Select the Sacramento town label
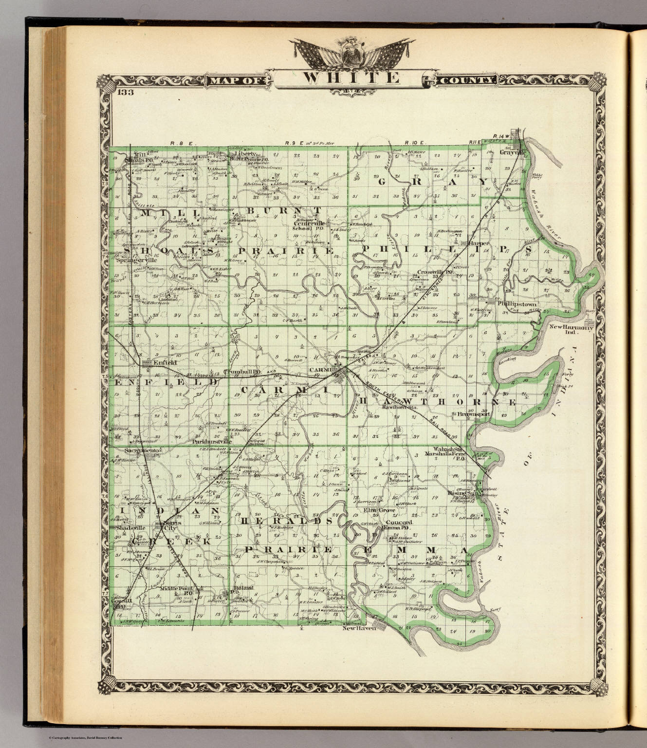tap(142, 451)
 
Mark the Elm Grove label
tap(379, 510)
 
